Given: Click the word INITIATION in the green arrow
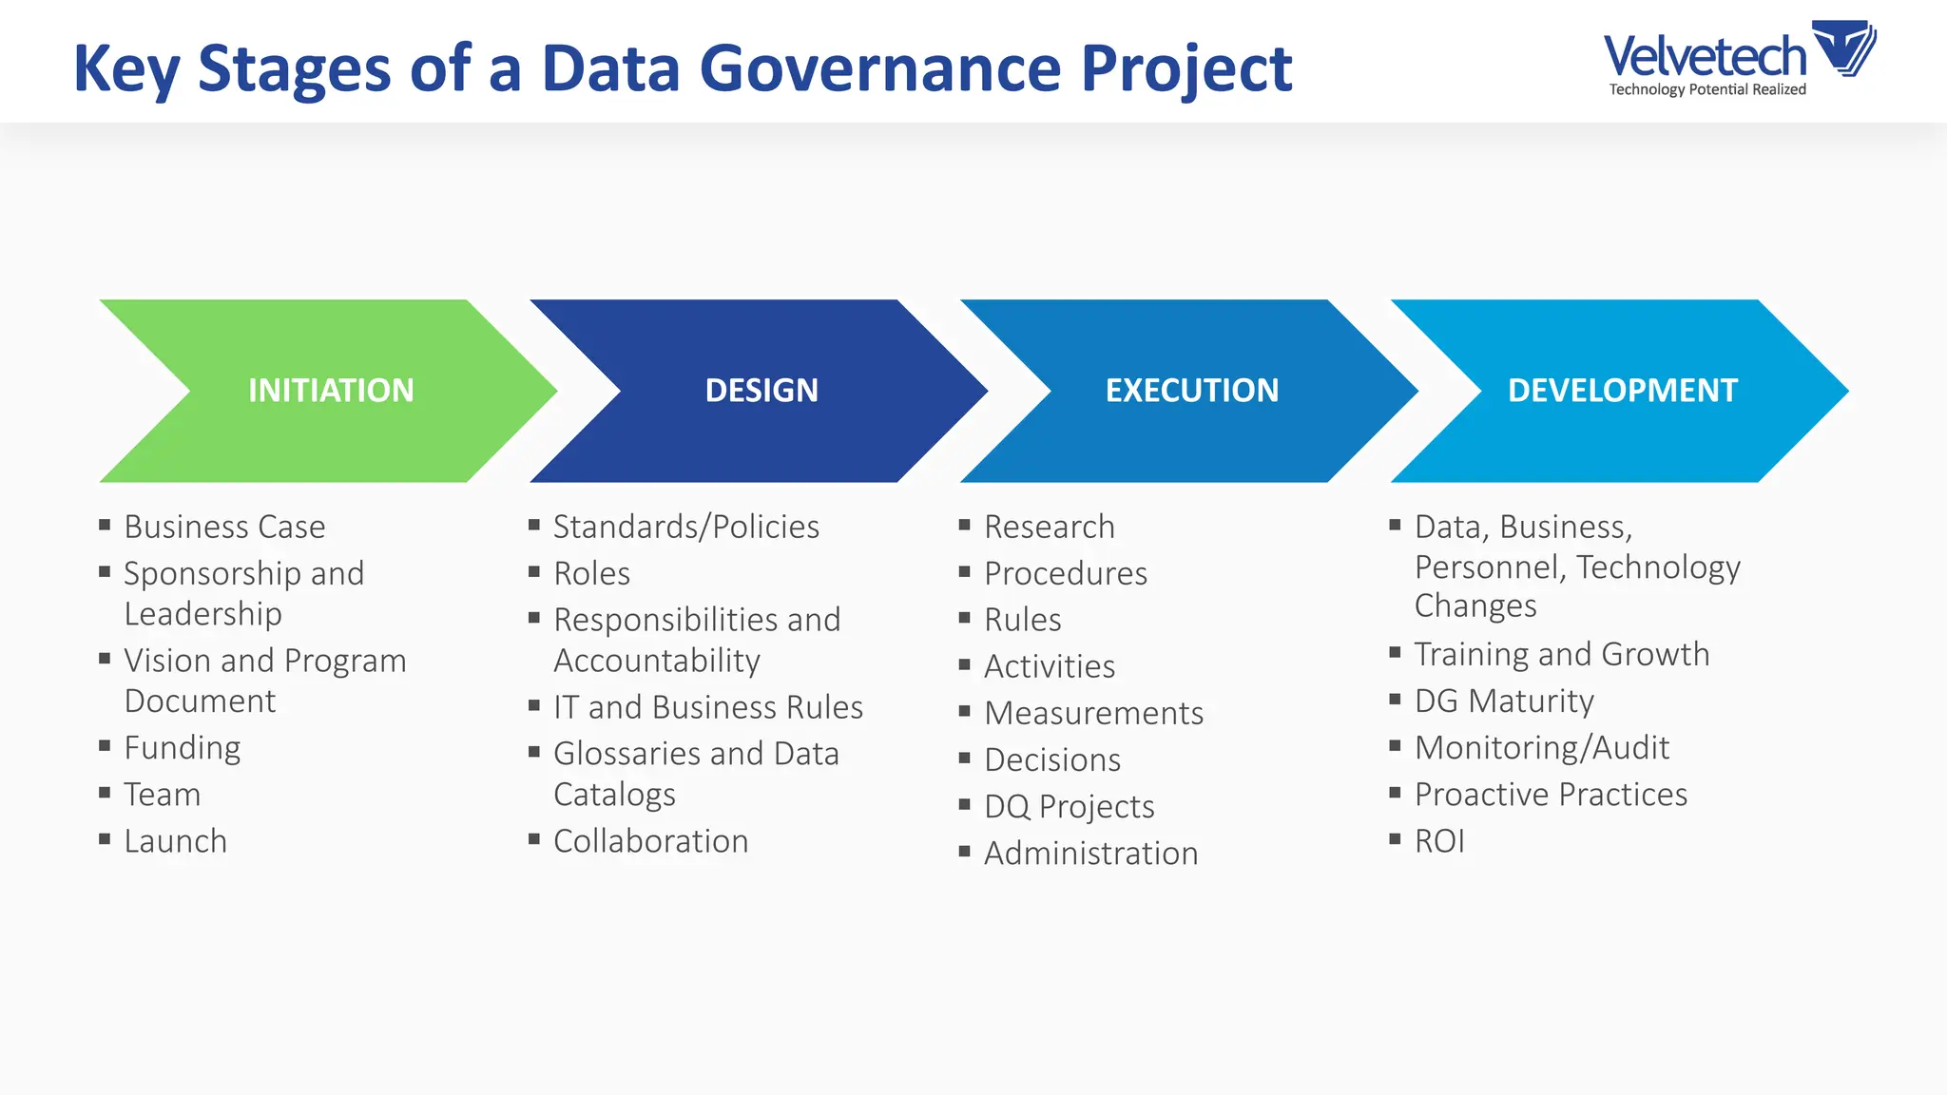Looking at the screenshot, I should pos(331,391).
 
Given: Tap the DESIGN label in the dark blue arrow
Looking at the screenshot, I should pos(761,391).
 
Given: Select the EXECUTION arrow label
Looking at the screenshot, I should pos(1191,391).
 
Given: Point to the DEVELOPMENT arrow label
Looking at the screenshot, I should pos(1622,391).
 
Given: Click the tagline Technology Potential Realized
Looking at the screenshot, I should pos(1706,89).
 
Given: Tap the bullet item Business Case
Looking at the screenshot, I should pos(224,527).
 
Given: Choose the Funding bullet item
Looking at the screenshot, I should pos(182,748).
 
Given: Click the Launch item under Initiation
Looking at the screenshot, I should pos(175,841).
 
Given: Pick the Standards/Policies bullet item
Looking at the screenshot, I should pos(685,527).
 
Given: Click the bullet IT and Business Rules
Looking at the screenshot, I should pos(707,707).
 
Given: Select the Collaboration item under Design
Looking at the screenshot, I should pos(650,841).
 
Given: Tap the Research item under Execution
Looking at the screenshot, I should pos(1049,527).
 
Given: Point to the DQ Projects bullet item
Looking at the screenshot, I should pos(1069,806).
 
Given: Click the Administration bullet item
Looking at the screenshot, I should pos(1090,854).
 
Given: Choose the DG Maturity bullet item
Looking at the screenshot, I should pos(1503,701).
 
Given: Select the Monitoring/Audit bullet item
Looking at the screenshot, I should pos(1541,748).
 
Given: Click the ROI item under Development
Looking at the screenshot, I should pos(1438,841).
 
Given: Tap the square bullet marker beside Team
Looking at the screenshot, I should pos(105,792).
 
